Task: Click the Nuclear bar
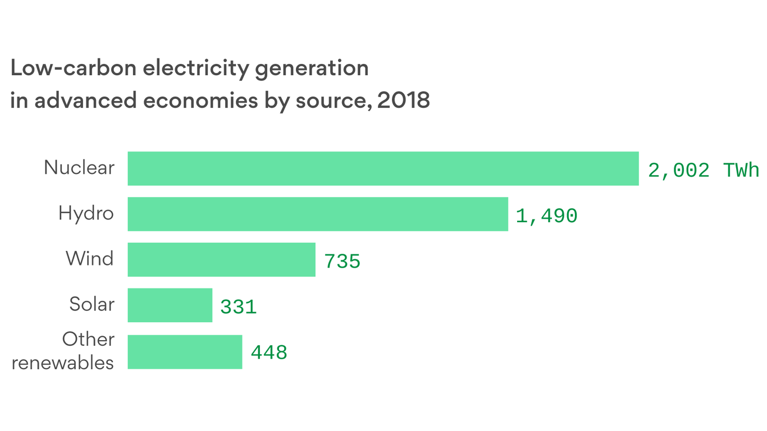click(383, 168)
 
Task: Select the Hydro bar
click(318, 214)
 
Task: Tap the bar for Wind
click(221, 259)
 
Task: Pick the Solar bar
click(170, 305)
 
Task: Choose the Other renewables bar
click(185, 352)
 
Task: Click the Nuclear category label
click(79, 168)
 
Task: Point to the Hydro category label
click(86, 213)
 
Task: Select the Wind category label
click(89, 259)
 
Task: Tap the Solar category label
click(92, 304)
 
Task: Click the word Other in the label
click(88, 339)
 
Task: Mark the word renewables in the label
click(62, 363)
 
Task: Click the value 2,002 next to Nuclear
click(678, 170)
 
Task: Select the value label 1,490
click(546, 216)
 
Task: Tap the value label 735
click(342, 262)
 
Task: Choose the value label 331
click(238, 307)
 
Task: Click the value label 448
click(268, 353)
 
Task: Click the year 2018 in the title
click(403, 100)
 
